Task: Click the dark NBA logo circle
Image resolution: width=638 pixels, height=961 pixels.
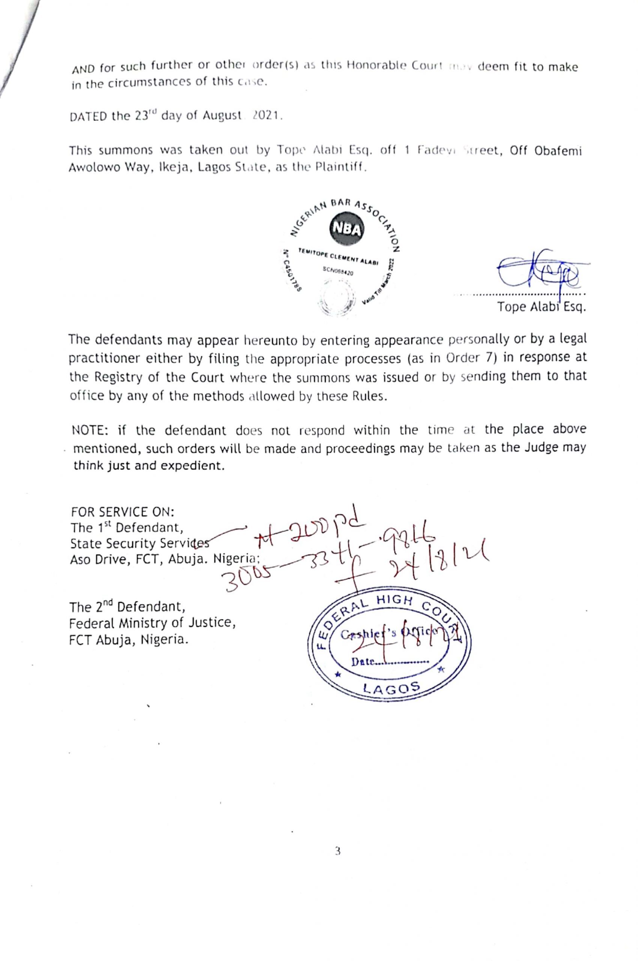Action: tap(347, 230)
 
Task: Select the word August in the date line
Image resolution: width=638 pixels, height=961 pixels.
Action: tap(222, 116)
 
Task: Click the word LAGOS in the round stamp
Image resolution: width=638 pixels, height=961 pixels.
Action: tap(391, 687)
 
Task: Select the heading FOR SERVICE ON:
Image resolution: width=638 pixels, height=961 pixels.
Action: tap(122, 511)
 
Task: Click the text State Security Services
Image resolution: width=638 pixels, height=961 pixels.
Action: tap(140, 544)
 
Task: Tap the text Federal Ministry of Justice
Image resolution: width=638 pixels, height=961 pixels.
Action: tap(152, 623)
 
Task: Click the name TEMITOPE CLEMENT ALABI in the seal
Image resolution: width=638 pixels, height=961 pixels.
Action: tap(338, 256)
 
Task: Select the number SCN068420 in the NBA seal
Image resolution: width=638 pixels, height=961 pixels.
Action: tap(338, 271)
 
